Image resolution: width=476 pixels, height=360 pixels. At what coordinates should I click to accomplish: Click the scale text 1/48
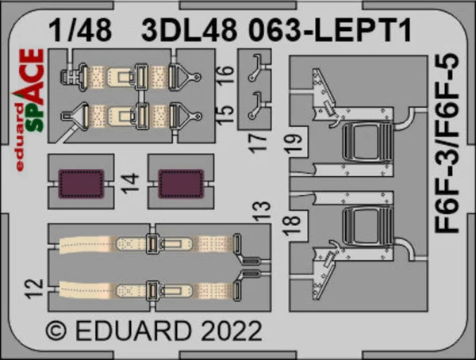[x=80, y=30]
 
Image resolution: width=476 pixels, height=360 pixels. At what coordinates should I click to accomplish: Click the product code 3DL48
[x=189, y=30]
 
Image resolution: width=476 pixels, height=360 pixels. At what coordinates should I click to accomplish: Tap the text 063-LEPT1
[x=330, y=30]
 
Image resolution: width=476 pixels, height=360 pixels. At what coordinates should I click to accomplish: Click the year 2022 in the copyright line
[x=232, y=331]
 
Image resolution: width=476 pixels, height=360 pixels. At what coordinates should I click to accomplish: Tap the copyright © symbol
[x=56, y=331]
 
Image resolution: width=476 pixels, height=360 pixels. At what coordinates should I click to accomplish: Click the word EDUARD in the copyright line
[x=133, y=331]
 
